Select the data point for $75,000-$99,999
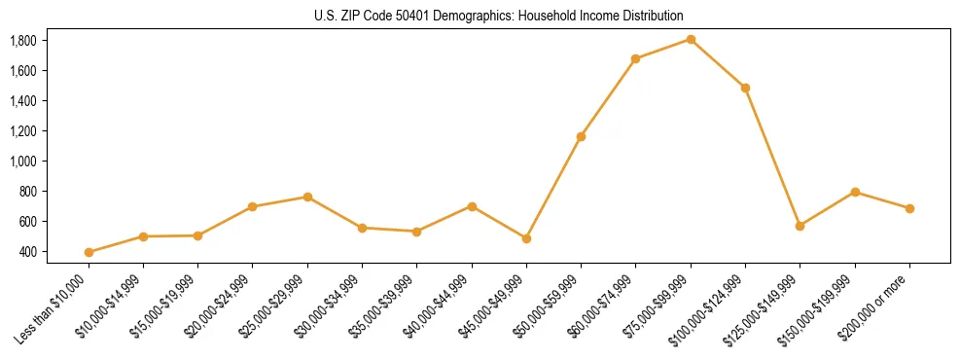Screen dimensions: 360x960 tap(691, 39)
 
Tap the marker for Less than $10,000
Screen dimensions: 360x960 tap(89, 252)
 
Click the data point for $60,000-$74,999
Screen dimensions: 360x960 tap(635, 58)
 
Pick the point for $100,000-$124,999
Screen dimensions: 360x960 tap(745, 88)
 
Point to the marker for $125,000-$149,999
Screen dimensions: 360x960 tap(800, 226)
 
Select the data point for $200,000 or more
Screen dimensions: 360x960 tap(909, 208)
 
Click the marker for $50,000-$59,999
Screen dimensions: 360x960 tap(581, 136)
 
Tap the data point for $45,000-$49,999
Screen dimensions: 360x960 tap(526, 238)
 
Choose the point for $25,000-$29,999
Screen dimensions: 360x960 tap(307, 197)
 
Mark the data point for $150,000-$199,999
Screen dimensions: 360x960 tap(855, 192)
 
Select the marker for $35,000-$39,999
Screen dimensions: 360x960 tap(416, 232)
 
